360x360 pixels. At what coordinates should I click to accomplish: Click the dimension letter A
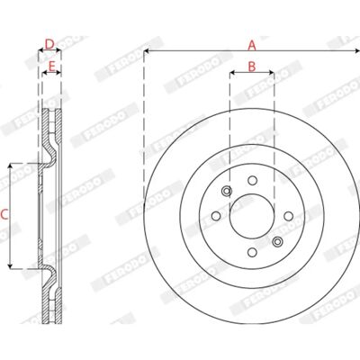pos(252,46)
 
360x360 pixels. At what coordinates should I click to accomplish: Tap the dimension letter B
pos(252,67)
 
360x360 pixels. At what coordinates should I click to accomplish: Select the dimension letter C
pos(4,215)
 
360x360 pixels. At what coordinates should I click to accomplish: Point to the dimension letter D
pos(49,44)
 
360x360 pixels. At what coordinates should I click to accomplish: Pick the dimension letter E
pos(51,67)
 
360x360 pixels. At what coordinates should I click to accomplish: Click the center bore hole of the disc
pos(252,216)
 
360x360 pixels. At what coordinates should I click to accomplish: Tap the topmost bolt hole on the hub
pos(252,181)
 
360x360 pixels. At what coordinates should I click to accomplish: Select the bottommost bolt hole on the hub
pos(252,252)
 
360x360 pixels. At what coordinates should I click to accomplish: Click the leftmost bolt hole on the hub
pos(216,216)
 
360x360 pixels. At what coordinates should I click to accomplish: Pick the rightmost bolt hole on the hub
pos(289,216)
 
